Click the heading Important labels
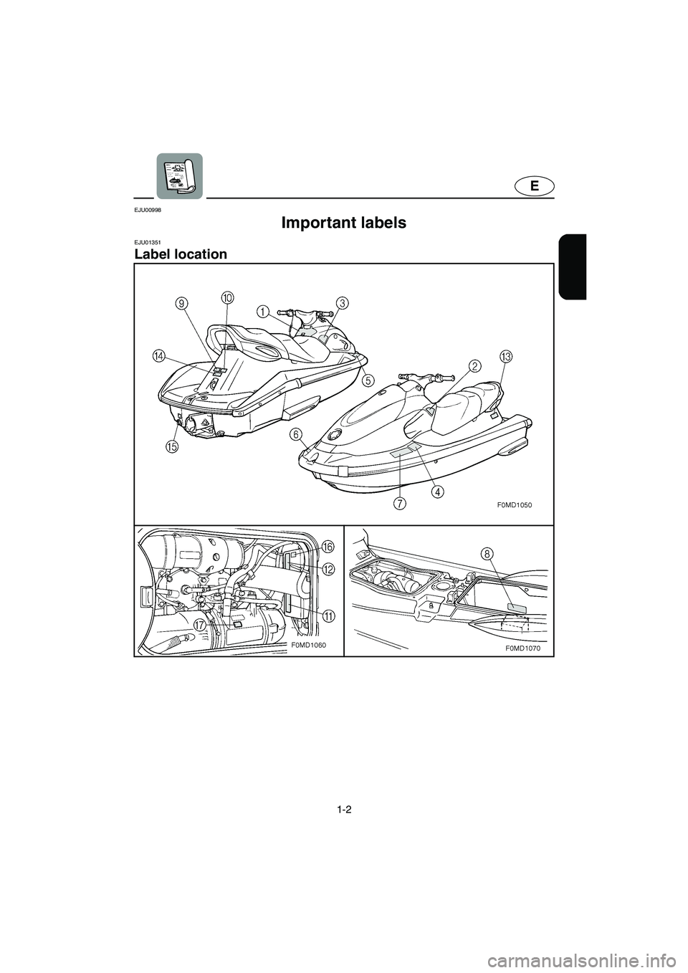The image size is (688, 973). click(344, 223)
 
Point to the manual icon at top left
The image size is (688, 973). click(179, 175)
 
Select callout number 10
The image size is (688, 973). click(227, 296)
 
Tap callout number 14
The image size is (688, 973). click(158, 355)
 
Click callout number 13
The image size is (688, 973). click(506, 356)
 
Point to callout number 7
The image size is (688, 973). click(399, 502)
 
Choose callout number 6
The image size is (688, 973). click(296, 434)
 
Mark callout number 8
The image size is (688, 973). click(487, 552)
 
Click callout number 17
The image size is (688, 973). click(200, 625)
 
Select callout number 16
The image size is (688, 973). click(328, 547)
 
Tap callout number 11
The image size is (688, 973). click(328, 615)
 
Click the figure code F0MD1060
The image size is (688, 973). click(309, 645)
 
